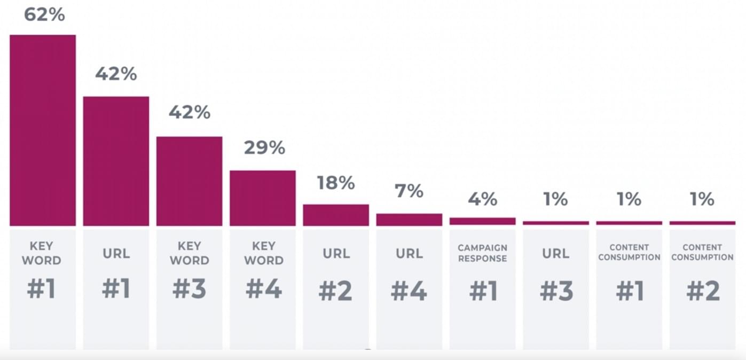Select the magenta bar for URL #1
coord(116,161)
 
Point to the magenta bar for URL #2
coord(336,215)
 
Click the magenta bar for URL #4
coord(409,220)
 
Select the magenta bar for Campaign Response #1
coord(482,221)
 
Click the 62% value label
coord(44,14)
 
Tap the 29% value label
coord(264,147)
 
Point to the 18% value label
coord(336,183)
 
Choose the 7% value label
coord(409,191)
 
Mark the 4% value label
coord(483,199)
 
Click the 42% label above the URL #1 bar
coord(116,74)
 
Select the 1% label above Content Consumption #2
coord(702,199)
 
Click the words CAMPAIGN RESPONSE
coord(482,253)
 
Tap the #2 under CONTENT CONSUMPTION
coord(703,292)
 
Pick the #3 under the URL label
coord(556,292)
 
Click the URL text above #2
coord(336,253)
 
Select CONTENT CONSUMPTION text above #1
coord(629,252)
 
